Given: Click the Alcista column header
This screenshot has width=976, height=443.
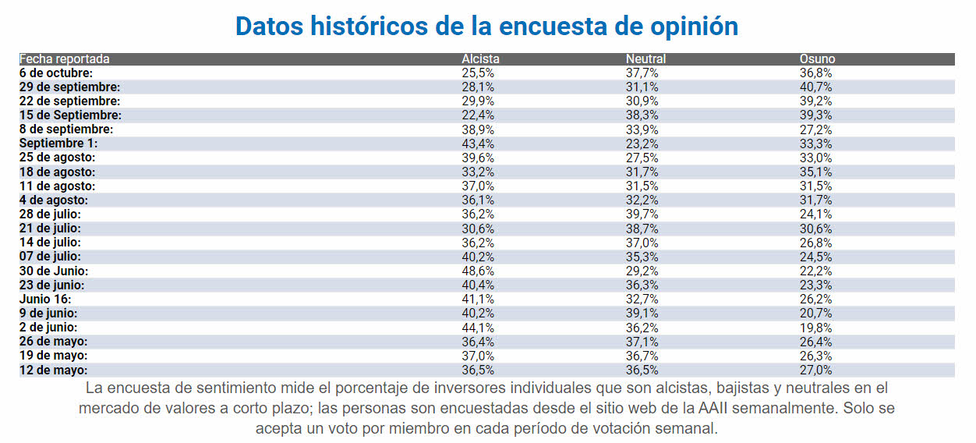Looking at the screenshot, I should pyautogui.click(x=480, y=59).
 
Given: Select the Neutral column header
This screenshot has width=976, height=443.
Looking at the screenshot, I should pyautogui.click(x=645, y=59).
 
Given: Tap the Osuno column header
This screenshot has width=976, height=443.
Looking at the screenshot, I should pyautogui.click(x=817, y=59).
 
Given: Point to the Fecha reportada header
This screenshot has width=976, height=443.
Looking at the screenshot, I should pyautogui.click(x=65, y=59).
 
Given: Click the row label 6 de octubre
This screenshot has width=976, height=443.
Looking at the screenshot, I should pyautogui.click(x=56, y=73).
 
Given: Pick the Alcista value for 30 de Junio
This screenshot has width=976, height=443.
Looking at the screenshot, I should pyautogui.click(x=478, y=271).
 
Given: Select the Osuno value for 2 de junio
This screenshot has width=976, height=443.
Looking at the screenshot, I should pyautogui.click(x=815, y=328).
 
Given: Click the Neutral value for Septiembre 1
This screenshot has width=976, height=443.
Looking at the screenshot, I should pyautogui.click(x=642, y=144).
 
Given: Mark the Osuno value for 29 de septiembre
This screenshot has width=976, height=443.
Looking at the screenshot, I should pyautogui.click(x=815, y=87).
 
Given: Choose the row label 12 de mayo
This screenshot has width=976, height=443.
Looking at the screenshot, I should pyautogui.click(x=53, y=370).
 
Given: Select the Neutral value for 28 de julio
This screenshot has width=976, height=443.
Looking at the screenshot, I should pyautogui.click(x=642, y=214).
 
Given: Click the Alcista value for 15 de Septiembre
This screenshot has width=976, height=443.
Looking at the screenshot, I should pyautogui.click(x=478, y=115).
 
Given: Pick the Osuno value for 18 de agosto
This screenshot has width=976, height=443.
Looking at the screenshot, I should pyautogui.click(x=815, y=172).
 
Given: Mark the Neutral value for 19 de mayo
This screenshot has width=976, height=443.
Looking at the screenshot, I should pyautogui.click(x=642, y=356).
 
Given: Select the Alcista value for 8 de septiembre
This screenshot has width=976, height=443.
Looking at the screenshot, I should pyautogui.click(x=478, y=129).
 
